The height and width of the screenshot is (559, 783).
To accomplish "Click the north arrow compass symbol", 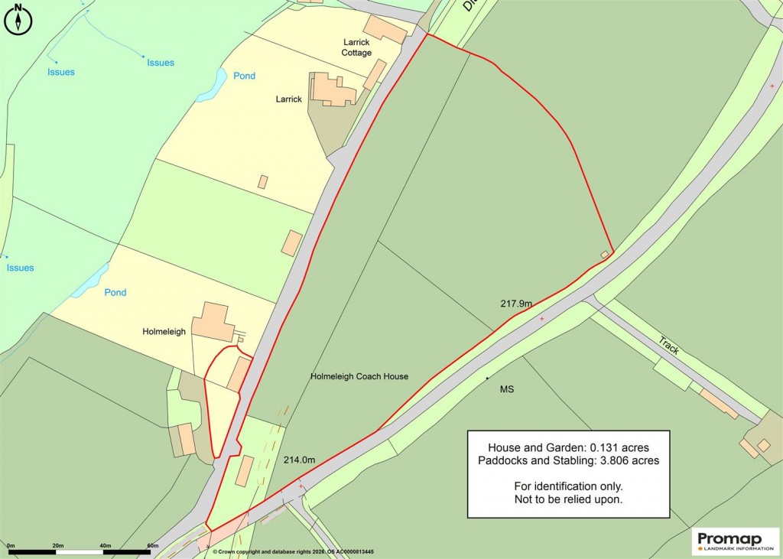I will click(17, 19).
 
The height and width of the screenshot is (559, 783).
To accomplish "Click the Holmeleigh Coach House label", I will click(359, 376).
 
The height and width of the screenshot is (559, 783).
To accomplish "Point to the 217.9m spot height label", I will click(516, 304).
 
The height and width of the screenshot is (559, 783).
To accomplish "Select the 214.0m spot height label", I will click(299, 460).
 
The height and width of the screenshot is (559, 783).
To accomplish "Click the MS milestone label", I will click(507, 390).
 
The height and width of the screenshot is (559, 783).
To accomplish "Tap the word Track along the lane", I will click(668, 345).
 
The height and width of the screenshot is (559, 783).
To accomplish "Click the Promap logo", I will click(735, 541).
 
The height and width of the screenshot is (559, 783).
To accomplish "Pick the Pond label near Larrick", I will click(245, 76).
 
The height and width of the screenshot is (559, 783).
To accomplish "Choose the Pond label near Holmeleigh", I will click(115, 293).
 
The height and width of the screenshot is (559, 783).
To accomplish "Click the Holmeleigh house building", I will click(212, 322).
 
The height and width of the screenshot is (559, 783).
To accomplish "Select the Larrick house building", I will click(332, 89).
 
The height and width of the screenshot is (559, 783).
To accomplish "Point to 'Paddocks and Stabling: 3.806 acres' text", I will click(568, 461).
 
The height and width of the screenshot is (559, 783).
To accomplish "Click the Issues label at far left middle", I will click(21, 268).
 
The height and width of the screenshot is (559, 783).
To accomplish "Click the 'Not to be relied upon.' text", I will click(568, 500).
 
